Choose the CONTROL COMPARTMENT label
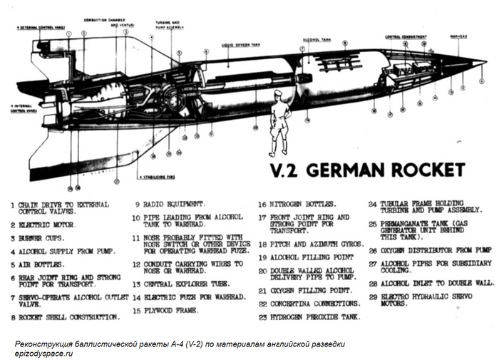coord(406,36)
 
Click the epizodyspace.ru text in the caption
coord(44,352)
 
